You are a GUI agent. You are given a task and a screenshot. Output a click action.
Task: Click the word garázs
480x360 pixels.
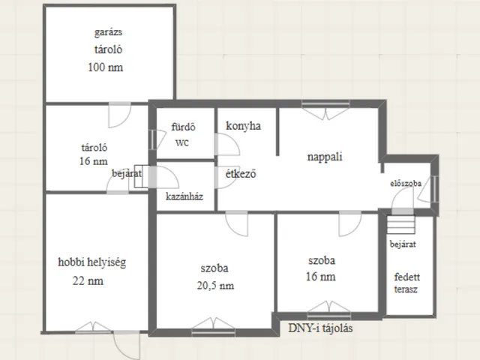108,32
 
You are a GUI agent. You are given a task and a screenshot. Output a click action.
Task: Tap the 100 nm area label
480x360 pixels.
106,67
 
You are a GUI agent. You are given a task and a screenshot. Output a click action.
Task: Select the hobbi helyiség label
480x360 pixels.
91,262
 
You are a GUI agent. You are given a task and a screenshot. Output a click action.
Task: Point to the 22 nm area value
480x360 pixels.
88,281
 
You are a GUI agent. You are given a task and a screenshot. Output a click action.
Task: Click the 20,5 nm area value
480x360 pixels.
215,286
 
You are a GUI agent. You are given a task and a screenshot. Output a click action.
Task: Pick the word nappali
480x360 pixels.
325,157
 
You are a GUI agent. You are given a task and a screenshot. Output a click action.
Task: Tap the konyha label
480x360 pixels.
243,126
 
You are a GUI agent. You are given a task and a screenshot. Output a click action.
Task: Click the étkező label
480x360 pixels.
241,173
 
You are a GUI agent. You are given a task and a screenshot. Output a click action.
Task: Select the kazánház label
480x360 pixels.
184,196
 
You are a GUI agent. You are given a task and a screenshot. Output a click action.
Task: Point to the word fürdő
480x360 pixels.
183,127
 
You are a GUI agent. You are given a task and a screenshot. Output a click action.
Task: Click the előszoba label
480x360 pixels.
406,183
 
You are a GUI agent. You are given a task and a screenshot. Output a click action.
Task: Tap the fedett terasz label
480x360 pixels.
406,283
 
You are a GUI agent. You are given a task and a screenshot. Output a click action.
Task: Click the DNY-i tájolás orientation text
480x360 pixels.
320,328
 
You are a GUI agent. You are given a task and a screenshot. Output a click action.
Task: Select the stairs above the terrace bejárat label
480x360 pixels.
400,225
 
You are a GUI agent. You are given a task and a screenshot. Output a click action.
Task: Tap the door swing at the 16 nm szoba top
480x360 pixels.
350,223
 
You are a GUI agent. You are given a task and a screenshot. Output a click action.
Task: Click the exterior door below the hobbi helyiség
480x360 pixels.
127,345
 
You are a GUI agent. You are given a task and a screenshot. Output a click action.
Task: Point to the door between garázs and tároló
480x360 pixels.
120,115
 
